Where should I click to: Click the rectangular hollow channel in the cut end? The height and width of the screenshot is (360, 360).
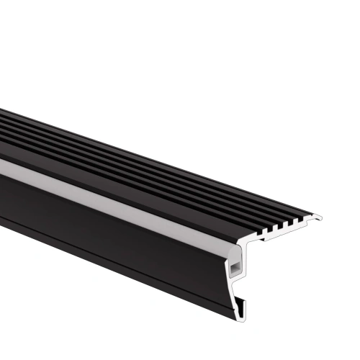pos(235,269)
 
